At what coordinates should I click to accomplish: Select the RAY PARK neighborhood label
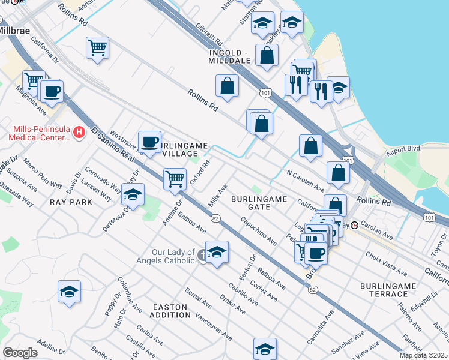coord(71,202)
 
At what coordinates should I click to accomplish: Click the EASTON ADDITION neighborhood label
coord(169,311)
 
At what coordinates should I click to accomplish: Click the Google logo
coord(20,353)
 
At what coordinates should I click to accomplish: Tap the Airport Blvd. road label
coord(405,148)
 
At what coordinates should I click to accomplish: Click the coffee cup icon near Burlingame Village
coord(149,142)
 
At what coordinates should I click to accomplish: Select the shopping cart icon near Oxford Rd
coord(175,178)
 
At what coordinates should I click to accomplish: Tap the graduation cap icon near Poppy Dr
coord(69,292)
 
